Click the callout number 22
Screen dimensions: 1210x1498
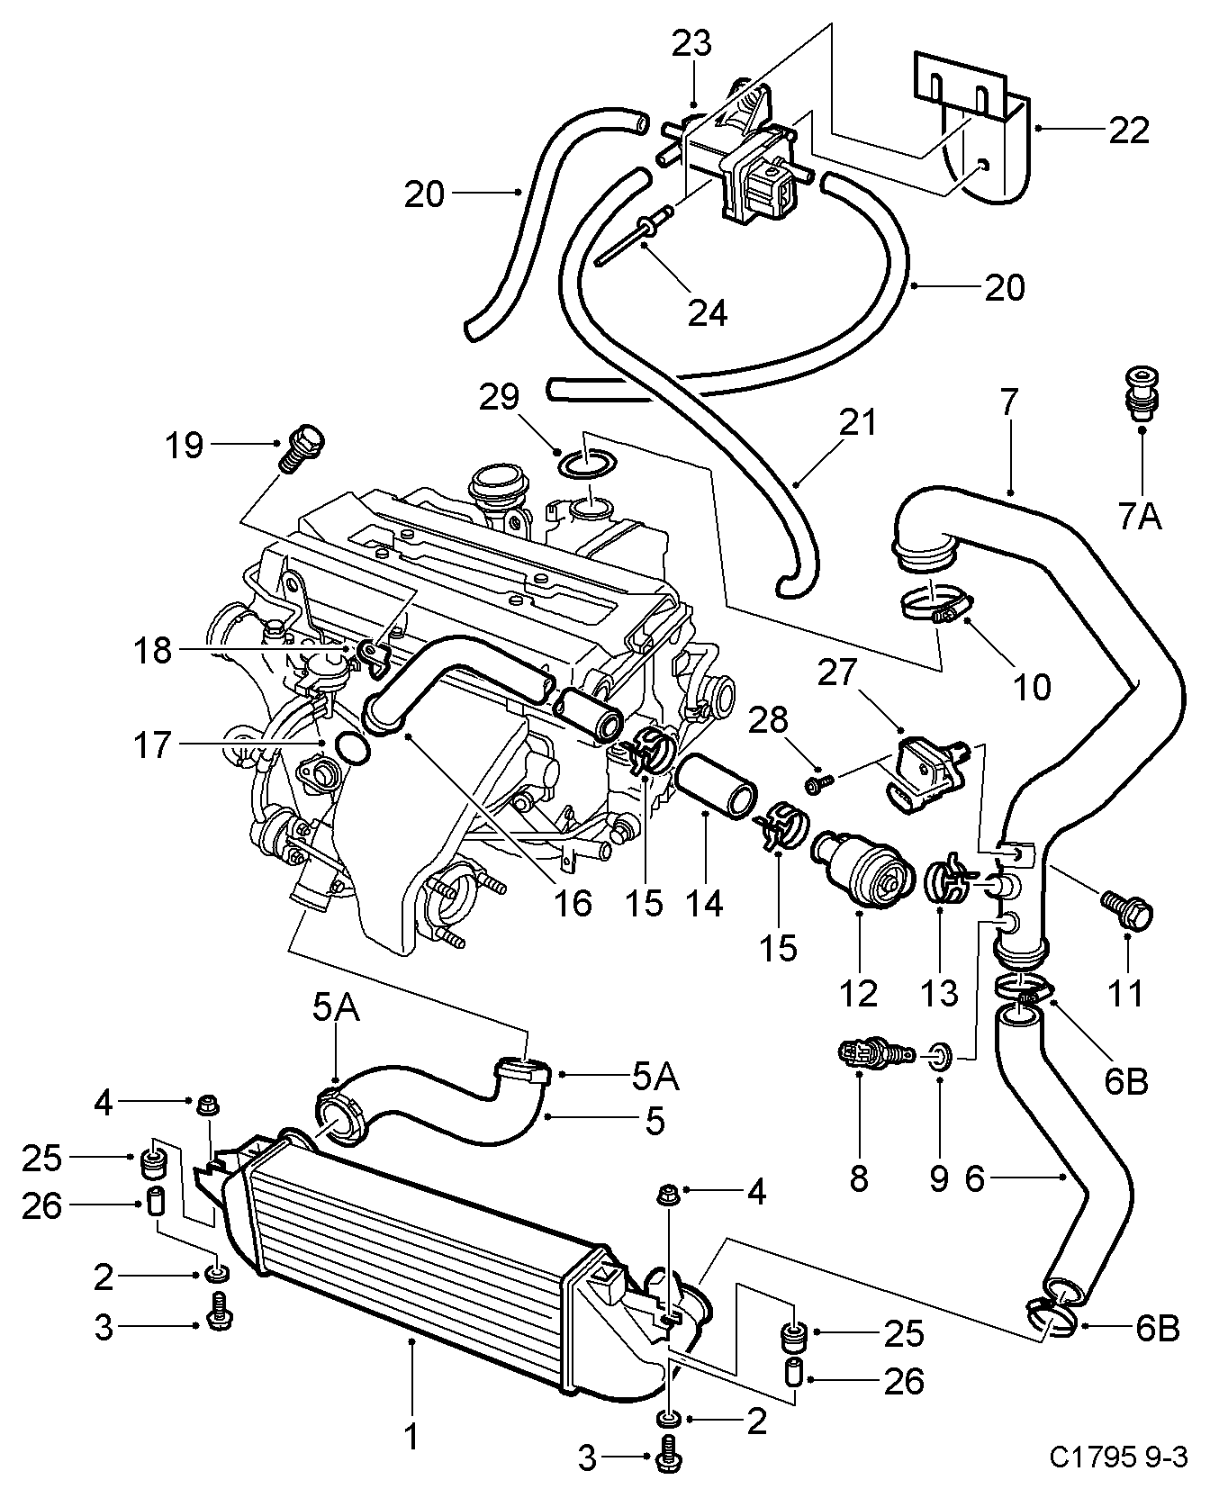1130,131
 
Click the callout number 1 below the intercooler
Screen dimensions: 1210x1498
411,1437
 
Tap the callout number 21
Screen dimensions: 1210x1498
858,422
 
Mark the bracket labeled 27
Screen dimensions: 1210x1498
934,768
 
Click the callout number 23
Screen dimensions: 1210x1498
691,44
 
